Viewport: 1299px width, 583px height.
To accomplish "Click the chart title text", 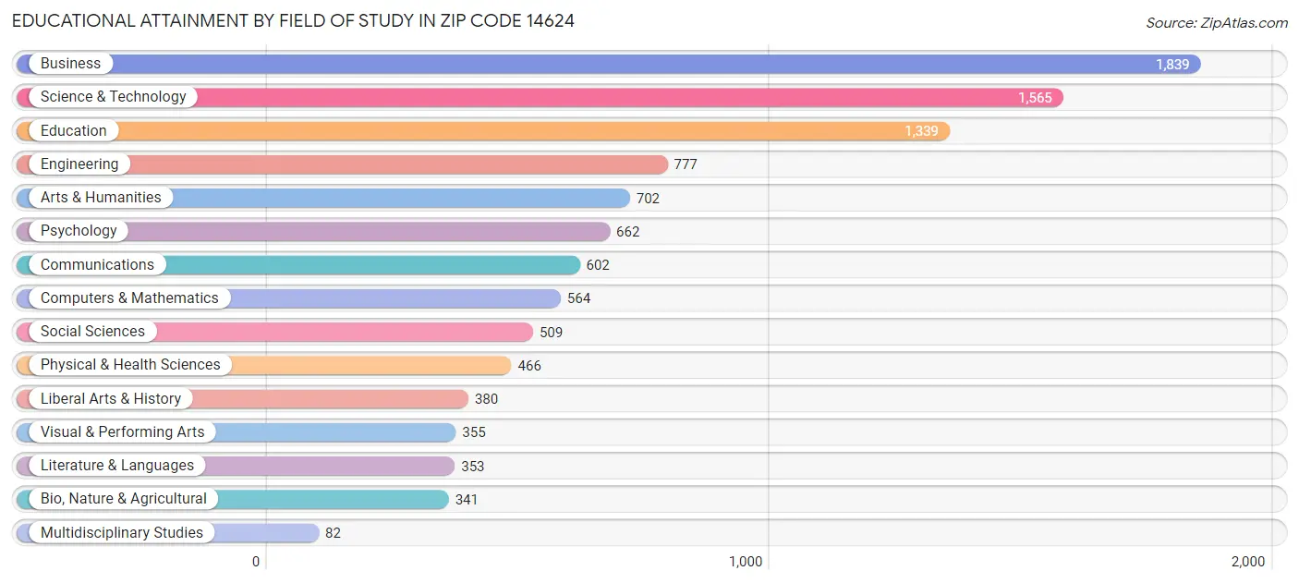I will (x=293, y=20).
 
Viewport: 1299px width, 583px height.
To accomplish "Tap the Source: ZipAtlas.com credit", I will (x=1216, y=23).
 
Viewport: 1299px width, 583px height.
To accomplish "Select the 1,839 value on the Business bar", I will (x=1172, y=65).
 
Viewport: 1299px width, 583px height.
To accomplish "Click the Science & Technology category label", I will (x=113, y=97).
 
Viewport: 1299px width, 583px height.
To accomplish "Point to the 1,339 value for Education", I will (x=920, y=131).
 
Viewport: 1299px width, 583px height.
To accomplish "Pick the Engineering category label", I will (x=79, y=164).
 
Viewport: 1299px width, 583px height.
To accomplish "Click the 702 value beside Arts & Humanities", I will (x=648, y=199).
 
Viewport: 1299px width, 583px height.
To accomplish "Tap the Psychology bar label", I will (x=79, y=231).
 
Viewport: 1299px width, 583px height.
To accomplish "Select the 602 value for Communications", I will (x=598, y=265).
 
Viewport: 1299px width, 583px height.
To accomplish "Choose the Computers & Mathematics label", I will (x=129, y=298).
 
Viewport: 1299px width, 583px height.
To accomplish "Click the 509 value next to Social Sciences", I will (x=551, y=333).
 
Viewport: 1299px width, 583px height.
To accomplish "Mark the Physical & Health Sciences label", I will (x=130, y=365).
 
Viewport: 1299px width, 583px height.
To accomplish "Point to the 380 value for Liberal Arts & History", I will (x=486, y=399).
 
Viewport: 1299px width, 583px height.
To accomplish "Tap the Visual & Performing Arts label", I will (x=122, y=432).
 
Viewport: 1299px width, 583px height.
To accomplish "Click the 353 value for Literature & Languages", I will (x=472, y=467).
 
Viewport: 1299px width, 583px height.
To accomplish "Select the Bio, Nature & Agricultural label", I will (x=124, y=499).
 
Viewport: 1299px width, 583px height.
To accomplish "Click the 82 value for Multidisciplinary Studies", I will (x=333, y=533).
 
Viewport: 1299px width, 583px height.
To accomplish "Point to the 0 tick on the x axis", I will (x=257, y=562).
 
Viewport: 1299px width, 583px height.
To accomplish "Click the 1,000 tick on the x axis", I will (x=746, y=562).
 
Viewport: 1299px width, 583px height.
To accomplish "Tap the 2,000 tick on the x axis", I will (x=1247, y=562).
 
